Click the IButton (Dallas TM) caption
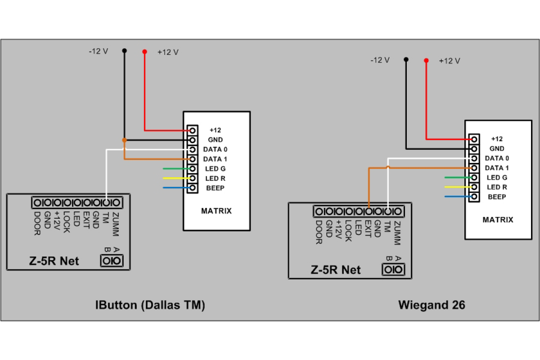(150, 305)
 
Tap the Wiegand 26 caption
(432, 305)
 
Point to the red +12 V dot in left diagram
(144, 52)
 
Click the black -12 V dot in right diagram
(406, 59)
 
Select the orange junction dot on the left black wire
(124, 140)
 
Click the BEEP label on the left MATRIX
(215, 188)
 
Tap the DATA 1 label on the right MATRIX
(497, 168)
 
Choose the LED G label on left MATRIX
(215, 169)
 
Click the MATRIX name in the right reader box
(498, 220)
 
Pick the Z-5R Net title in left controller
(54, 261)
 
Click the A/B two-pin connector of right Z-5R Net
(393, 270)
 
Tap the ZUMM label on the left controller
(116, 224)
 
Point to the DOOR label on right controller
(319, 232)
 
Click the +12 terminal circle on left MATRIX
(193, 130)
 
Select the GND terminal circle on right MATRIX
(474, 149)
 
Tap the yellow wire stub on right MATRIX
(458, 187)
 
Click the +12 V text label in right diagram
(450, 61)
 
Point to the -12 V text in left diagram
(99, 51)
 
